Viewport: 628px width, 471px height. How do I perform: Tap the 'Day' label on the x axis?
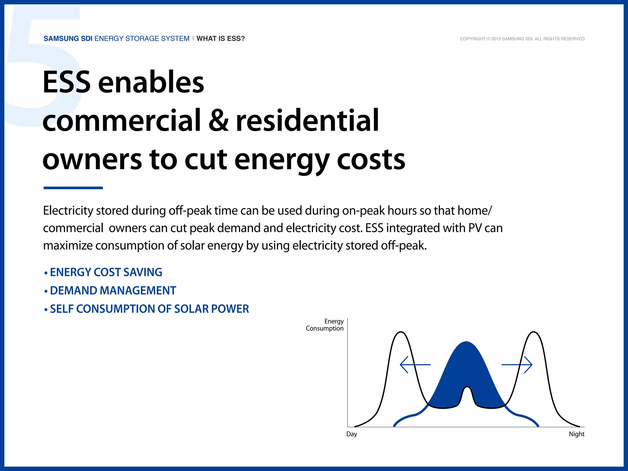pos(352,434)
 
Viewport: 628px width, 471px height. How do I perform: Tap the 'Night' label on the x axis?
pos(576,434)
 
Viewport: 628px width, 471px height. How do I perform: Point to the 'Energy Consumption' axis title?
pos(325,325)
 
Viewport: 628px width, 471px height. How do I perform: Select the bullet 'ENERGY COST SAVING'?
pos(106,272)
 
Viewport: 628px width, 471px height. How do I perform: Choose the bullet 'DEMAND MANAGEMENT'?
pos(113,291)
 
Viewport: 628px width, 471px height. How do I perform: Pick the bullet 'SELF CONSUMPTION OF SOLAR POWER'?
pos(149,309)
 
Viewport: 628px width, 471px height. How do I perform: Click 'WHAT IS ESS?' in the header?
pos(220,39)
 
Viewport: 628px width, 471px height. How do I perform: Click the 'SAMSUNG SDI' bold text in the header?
pos(68,39)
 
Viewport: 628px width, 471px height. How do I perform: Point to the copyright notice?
pos(522,39)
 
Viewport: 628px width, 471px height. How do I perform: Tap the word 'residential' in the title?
pos(307,121)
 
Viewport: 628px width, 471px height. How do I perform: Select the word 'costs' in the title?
pos(371,159)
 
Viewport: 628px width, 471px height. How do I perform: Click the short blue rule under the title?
pos(73,188)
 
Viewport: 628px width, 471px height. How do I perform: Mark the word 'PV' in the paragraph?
pos(475,228)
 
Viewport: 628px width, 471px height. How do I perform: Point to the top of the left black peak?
pos(401,332)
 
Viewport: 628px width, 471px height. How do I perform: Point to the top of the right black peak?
pos(534,332)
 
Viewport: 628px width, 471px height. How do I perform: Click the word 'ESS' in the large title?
pos(67,82)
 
